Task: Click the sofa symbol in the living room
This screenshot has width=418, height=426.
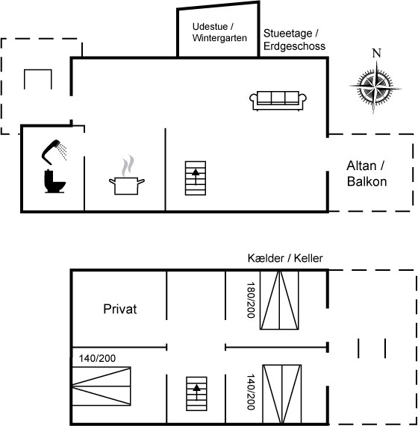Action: [x=278, y=101]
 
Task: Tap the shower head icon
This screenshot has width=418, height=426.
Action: [x=54, y=151]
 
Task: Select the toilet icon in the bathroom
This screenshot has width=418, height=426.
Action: [x=54, y=181]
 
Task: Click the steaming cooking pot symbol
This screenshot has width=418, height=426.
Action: [x=127, y=175]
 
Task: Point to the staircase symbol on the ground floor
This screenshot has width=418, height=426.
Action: [x=196, y=178]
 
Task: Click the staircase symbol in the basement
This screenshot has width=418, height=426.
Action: [x=196, y=394]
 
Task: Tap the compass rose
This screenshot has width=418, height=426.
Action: [x=375, y=87]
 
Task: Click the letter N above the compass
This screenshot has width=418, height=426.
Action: [x=377, y=53]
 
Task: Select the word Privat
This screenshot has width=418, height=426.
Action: [x=120, y=309]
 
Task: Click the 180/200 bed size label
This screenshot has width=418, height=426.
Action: [x=251, y=300]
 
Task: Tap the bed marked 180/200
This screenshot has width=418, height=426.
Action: [x=279, y=300]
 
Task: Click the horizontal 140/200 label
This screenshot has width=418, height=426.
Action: [x=97, y=358]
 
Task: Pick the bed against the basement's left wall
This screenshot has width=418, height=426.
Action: [x=102, y=386]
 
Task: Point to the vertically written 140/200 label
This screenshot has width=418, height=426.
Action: [x=251, y=392]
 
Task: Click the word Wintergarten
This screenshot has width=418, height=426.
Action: [x=219, y=38]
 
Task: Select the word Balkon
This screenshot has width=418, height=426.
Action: [x=367, y=181]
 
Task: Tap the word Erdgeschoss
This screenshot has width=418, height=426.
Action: [x=294, y=46]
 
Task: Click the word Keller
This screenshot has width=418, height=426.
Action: [x=308, y=258]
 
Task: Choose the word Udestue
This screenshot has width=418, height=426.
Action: [x=210, y=27]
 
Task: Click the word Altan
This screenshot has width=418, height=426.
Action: [x=361, y=166]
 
